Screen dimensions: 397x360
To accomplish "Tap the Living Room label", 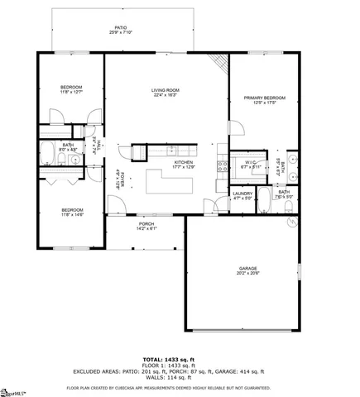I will [167, 92].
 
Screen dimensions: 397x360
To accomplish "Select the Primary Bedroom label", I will [264, 100].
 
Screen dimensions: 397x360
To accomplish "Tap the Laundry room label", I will [242, 195].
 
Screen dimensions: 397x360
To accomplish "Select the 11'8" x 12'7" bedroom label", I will [70, 89].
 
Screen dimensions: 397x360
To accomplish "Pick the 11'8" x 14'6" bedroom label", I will [72, 213].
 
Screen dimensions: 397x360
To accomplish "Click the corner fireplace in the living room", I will [219, 64].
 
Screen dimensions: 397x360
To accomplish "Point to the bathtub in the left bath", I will [49, 154].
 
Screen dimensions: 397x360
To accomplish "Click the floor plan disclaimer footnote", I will [180, 386].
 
